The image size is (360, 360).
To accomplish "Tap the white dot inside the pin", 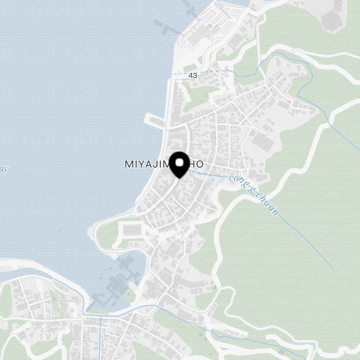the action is (179, 163).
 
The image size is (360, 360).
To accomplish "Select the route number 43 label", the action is (193, 76).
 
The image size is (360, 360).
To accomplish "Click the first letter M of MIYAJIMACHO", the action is (129, 165).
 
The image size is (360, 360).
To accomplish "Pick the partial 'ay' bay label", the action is (4, 169).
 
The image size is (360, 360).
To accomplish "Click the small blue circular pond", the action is (72, 310).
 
